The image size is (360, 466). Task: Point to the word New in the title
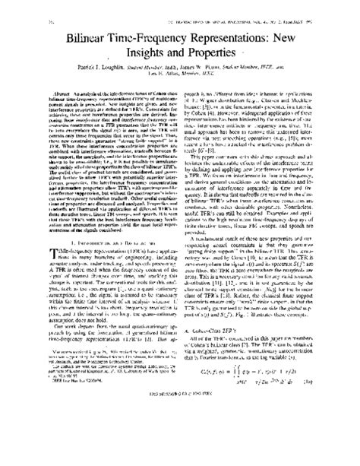pos(299,34)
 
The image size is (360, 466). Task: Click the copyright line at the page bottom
pos(180,441)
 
